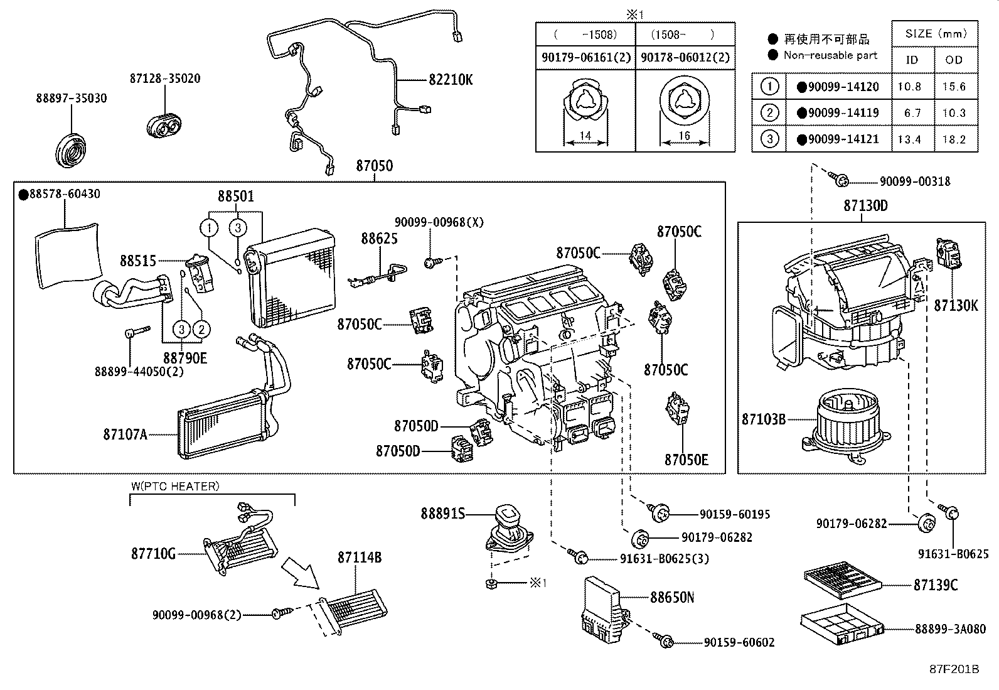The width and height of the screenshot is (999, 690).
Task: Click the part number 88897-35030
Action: click(x=71, y=99)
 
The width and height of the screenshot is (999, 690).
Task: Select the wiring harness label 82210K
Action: click(x=451, y=80)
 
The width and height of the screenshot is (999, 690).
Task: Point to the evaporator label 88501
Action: click(x=236, y=197)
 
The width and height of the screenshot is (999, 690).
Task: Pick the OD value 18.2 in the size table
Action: click(x=954, y=139)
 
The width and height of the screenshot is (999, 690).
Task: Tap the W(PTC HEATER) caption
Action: click(x=175, y=486)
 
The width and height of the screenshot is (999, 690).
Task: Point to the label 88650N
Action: click(x=671, y=597)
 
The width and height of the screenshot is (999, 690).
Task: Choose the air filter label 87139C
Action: click(x=935, y=585)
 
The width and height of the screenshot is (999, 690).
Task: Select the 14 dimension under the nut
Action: click(x=585, y=136)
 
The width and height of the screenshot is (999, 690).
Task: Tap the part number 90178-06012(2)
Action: click(x=685, y=57)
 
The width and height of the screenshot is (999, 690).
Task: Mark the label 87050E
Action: click(x=686, y=460)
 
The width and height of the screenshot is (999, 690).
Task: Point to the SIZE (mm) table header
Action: click(x=936, y=34)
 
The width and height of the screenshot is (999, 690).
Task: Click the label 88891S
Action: click(x=443, y=514)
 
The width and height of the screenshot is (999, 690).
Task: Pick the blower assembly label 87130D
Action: click(x=865, y=206)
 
